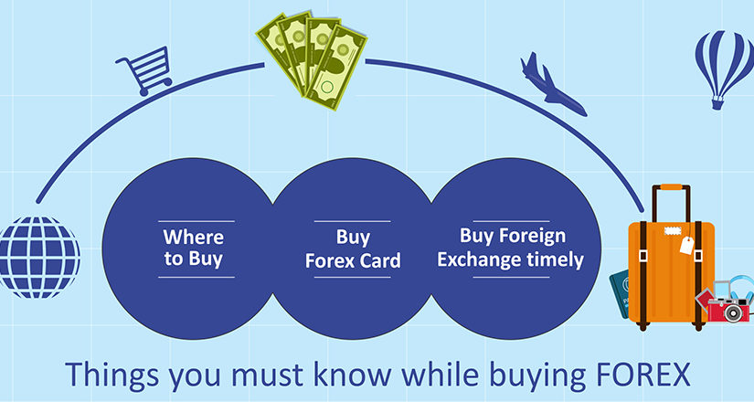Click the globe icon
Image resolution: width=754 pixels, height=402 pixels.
pos(39,258)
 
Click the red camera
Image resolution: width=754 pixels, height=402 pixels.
pos(728,309)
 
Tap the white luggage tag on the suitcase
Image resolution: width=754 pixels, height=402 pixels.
pos(686,245)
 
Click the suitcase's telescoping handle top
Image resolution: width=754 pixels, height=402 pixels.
pos(671,187)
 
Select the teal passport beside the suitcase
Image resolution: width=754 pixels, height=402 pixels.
pos(620,293)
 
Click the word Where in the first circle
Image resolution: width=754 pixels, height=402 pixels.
pos(194,237)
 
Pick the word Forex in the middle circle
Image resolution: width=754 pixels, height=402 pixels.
pos(324,260)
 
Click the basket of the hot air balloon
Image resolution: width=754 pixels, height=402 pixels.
pos(717,103)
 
